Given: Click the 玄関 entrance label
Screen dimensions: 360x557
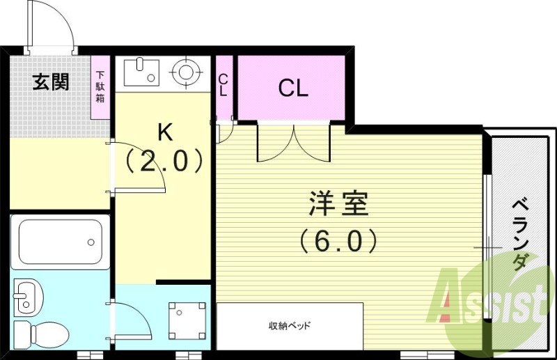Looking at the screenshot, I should point(52,82).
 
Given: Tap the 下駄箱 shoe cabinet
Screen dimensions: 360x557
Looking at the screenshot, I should point(101,87).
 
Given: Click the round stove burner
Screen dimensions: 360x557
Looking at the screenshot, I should point(185,71).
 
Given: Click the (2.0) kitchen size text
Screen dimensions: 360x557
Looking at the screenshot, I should point(164,162).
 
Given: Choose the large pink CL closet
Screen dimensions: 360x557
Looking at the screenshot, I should point(292,88).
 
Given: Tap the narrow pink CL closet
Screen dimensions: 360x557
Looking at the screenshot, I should point(223,86).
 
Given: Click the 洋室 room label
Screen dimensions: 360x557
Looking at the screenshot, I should point(338,205).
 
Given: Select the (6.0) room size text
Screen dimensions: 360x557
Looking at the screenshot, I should point(338,241).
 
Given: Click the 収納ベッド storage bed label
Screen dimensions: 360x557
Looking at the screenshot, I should point(290,326).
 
